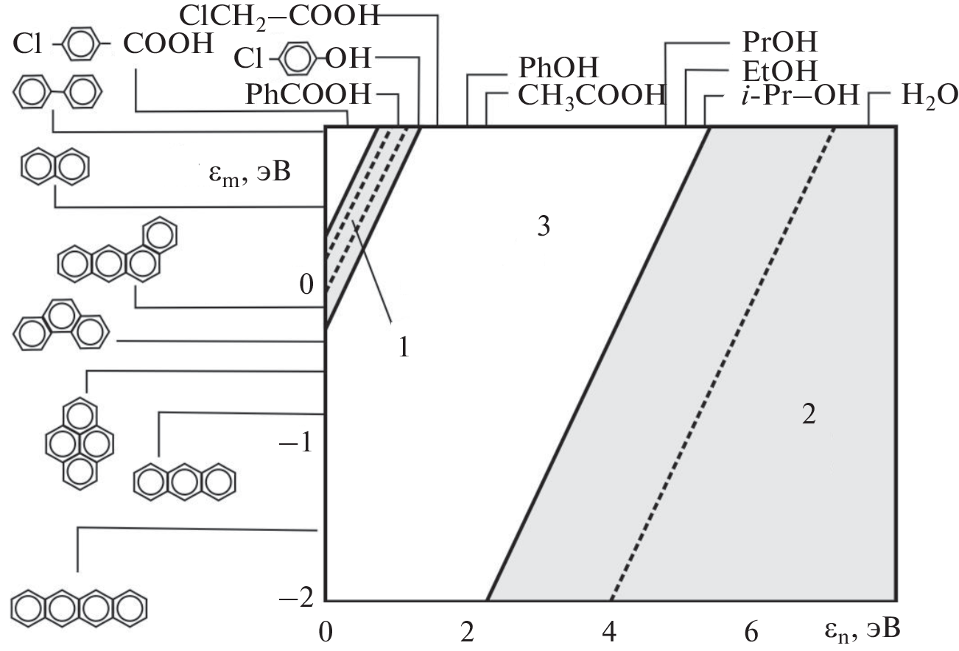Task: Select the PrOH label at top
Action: [x=780, y=41]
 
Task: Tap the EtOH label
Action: [x=780, y=71]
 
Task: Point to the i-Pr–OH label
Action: [x=801, y=95]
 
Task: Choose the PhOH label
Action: [x=558, y=67]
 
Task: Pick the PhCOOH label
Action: [x=308, y=94]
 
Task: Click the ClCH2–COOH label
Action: [x=280, y=17]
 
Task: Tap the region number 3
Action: [x=544, y=226]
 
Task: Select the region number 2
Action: [x=809, y=414]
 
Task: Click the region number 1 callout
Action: [x=404, y=347]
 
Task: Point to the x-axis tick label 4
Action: [x=609, y=632]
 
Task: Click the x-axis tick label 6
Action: [x=751, y=632]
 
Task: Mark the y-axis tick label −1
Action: [x=296, y=442]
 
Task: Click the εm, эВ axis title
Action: [x=250, y=174]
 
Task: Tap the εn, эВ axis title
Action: [x=863, y=630]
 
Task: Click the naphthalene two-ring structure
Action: [x=55, y=166]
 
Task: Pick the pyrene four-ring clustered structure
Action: [x=80, y=443]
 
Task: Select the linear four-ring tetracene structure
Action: [x=79, y=608]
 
